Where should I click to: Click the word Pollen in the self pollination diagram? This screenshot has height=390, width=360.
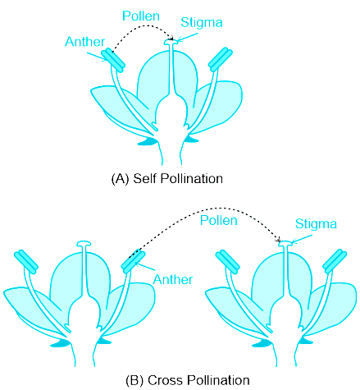141,16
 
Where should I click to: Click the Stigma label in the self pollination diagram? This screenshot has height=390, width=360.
202,22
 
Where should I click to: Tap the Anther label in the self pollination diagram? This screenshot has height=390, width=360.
84,42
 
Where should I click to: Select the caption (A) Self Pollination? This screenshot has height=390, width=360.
167,178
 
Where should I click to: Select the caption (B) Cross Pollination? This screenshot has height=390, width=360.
188,380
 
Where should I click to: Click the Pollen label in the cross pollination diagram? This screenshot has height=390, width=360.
218,220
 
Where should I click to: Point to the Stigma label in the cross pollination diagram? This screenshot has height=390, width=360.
316,224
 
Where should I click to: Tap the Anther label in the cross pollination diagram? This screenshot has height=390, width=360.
173,279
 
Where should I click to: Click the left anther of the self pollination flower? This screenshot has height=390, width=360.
113,60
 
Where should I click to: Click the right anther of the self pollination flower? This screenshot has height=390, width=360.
221,60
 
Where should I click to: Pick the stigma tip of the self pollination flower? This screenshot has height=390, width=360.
171,42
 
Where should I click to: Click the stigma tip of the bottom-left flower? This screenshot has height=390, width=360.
84,244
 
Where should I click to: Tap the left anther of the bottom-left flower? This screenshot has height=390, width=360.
26,262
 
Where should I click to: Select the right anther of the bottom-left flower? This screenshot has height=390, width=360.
133,261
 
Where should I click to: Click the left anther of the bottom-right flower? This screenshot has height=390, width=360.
228,262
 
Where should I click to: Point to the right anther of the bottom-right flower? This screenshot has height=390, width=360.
335,261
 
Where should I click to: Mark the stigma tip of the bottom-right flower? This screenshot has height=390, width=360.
285,244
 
